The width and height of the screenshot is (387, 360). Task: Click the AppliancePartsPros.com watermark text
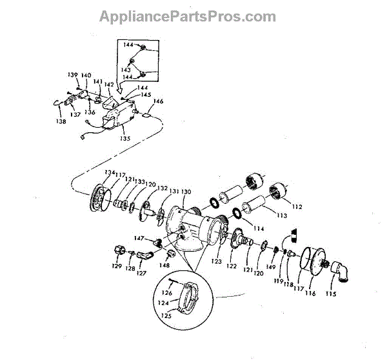pos(187,17)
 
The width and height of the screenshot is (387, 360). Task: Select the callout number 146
pos(157,101)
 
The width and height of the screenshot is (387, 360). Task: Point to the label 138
pos(61,121)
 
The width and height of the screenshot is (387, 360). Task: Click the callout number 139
pos(72,75)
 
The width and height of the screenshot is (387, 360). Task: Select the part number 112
pos(296,207)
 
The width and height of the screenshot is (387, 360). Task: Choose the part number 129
pos(117,266)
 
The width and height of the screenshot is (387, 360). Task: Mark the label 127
pos(141,273)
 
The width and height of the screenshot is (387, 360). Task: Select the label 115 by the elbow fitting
pos(331,294)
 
